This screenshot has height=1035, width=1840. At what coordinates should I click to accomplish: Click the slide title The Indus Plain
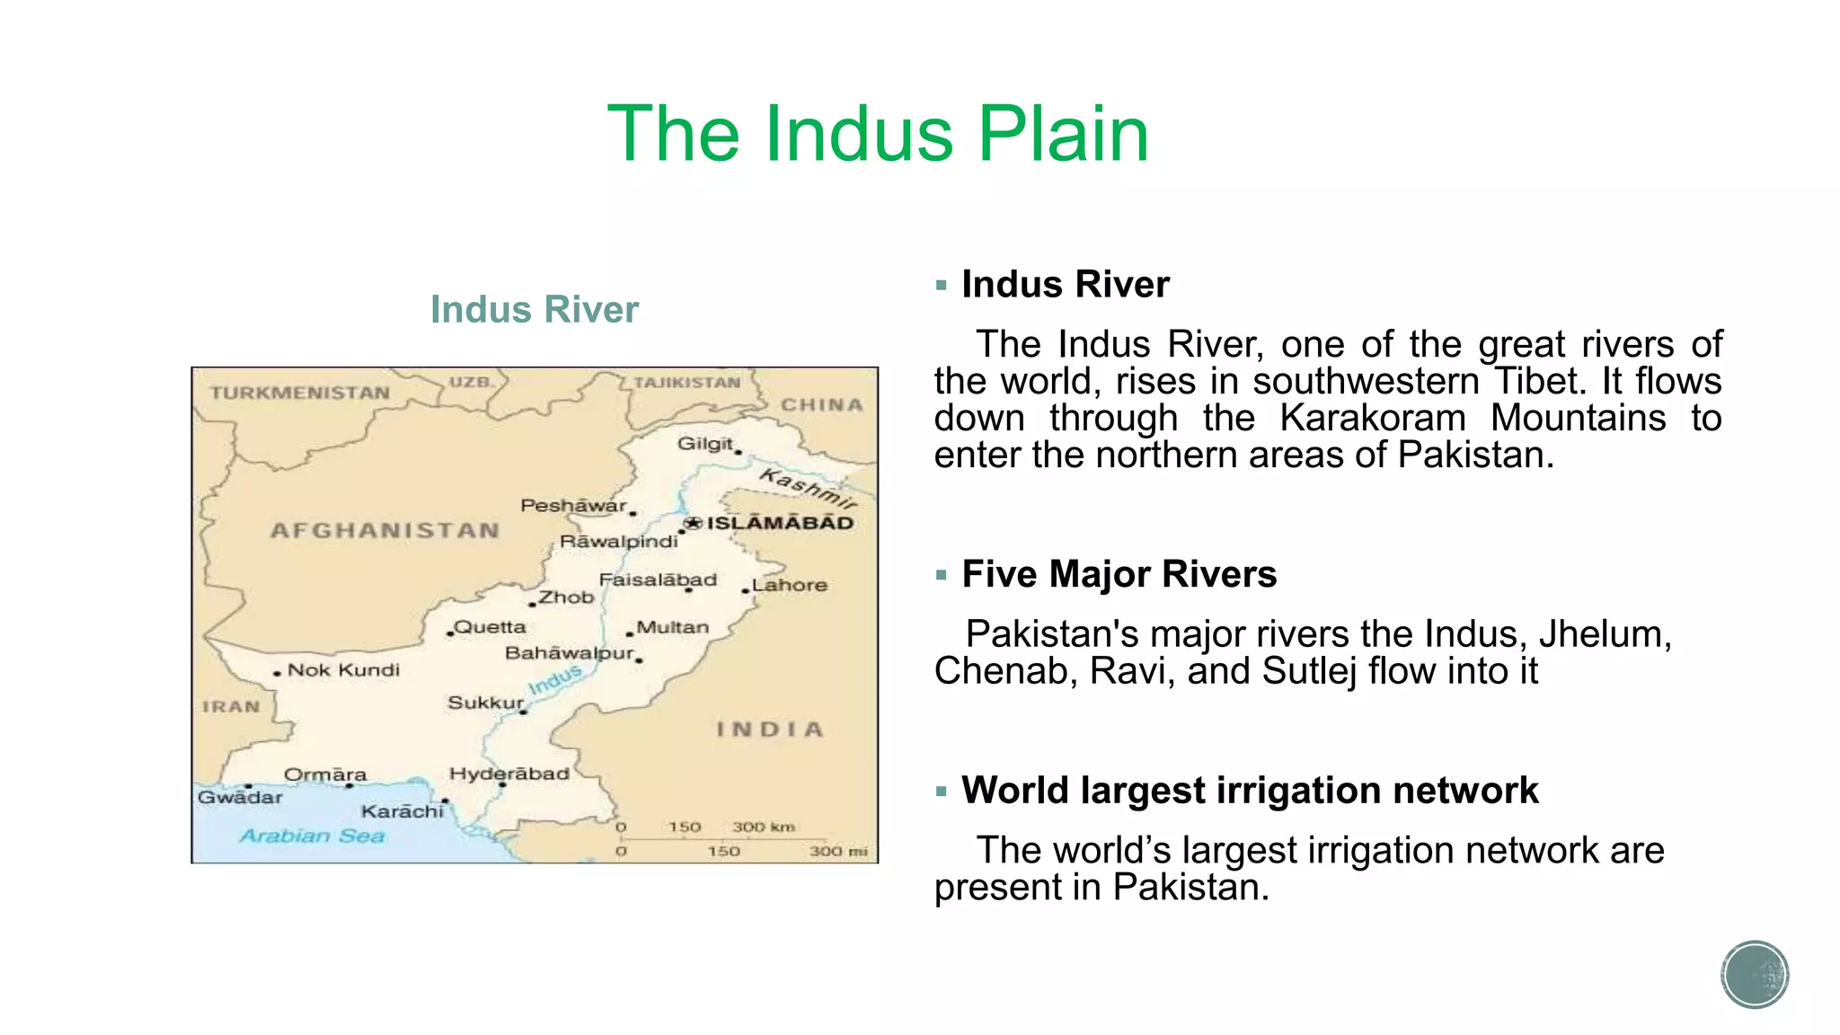click(x=878, y=134)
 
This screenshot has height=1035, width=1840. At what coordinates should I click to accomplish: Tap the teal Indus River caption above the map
click(x=534, y=310)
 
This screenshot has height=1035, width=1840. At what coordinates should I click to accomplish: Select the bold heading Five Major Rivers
click(x=1119, y=574)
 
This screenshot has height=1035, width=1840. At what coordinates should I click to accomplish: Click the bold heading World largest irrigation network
click(x=1249, y=791)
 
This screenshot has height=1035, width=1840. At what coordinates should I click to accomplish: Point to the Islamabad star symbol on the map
click(x=692, y=523)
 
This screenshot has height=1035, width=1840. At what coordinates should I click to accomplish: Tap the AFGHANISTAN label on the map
click(x=385, y=531)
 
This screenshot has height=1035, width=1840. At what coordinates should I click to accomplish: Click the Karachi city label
click(x=402, y=811)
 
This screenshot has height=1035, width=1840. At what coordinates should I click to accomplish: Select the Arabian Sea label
click(x=312, y=836)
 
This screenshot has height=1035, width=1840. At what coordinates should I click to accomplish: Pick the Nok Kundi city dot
click(x=278, y=673)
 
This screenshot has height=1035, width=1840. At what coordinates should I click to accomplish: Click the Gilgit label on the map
click(x=705, y=444)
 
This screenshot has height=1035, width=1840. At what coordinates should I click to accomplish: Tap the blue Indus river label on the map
click(x=554, y=680)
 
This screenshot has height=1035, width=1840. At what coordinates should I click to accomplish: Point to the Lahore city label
click(x=790, y=585)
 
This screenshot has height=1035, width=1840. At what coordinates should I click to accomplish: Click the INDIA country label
click(x=770, y=730)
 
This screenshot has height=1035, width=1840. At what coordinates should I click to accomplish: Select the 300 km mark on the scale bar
click(x=763, y=827)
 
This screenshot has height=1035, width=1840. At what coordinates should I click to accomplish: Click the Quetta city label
click(x=490, y=627)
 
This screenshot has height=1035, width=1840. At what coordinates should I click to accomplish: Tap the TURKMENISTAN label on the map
click(x=300, y=394)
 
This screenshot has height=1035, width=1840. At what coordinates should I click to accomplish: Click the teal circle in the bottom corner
click(x=1755, y=975)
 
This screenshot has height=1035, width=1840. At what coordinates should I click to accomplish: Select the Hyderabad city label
click(x=509, y=774)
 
